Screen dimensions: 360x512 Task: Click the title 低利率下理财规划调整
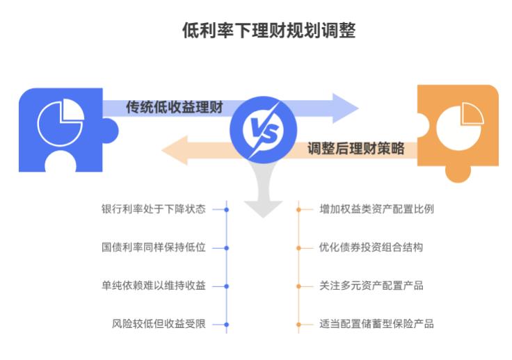269,31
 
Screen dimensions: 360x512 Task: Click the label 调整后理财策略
355,149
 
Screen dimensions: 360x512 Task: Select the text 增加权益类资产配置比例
376,208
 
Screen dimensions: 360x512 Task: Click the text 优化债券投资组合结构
371,247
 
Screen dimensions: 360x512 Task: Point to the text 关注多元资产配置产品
371,286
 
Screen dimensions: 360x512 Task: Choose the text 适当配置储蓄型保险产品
376,324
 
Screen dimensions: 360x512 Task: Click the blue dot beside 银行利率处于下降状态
227,208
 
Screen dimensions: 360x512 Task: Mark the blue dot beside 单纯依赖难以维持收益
227,286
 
